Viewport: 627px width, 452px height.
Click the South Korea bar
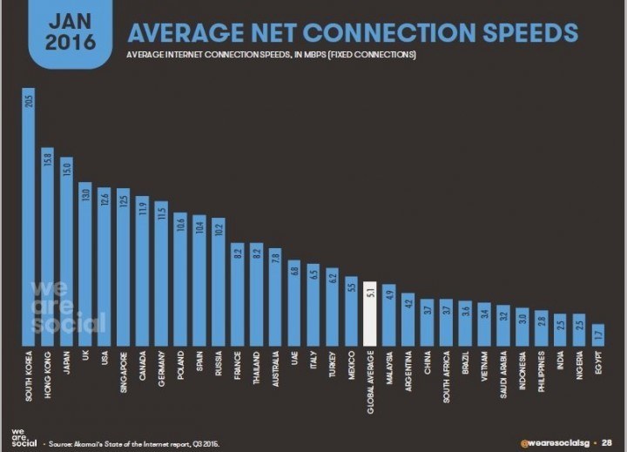click(x=28, y=218)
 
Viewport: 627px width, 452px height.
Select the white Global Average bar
click(x=369, y=314)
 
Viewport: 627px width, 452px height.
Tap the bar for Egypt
click(x=598, y=335)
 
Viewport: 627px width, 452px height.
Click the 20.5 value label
click(x=28, y=100)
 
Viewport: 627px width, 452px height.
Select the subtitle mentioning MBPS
click(x=271, y=55)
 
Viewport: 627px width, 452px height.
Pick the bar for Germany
click(x=161, y=274)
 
